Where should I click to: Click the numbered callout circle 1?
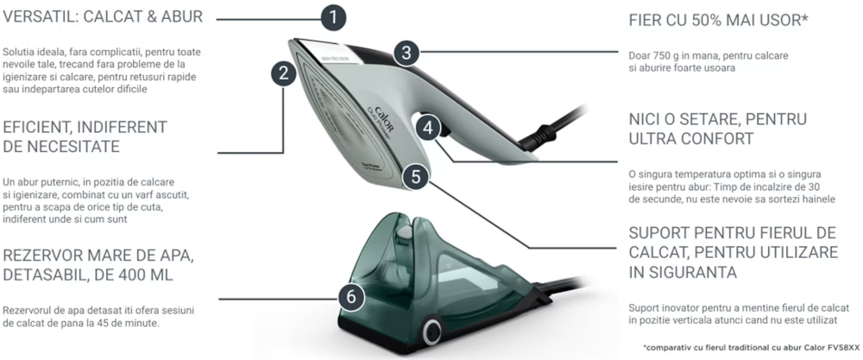point(333,18)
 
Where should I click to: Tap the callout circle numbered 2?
point(283,73)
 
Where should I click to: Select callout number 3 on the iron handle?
point(406,54)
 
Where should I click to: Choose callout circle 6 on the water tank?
point(351,299)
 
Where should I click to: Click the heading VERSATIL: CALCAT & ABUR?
point(103,17)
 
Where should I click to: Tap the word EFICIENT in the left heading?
point(39,127)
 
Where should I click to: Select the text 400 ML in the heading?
point(144,275)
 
